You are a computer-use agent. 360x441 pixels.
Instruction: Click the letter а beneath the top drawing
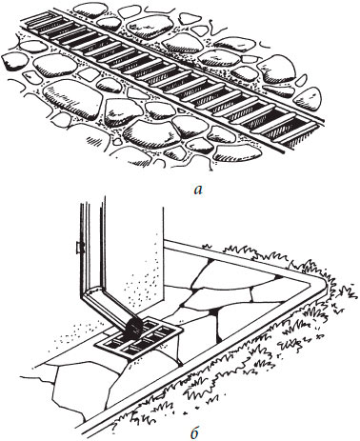pyautogui.click(x=197, y=190)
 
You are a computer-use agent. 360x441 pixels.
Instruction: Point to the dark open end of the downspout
pyautogui.click(x=133, y=328)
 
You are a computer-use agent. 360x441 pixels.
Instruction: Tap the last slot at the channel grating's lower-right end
pyautogui.click(x=303, y=137)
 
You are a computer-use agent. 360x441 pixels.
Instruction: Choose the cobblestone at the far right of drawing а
pyautogui.click(x=307, y=99)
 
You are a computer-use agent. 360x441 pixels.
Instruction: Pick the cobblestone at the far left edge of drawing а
pyautogui.click(x=14, y=61)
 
